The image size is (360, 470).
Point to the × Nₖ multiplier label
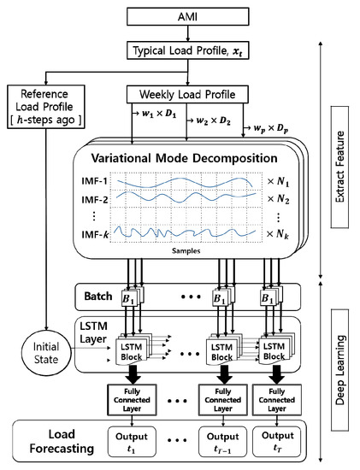[x=273, y=232]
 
